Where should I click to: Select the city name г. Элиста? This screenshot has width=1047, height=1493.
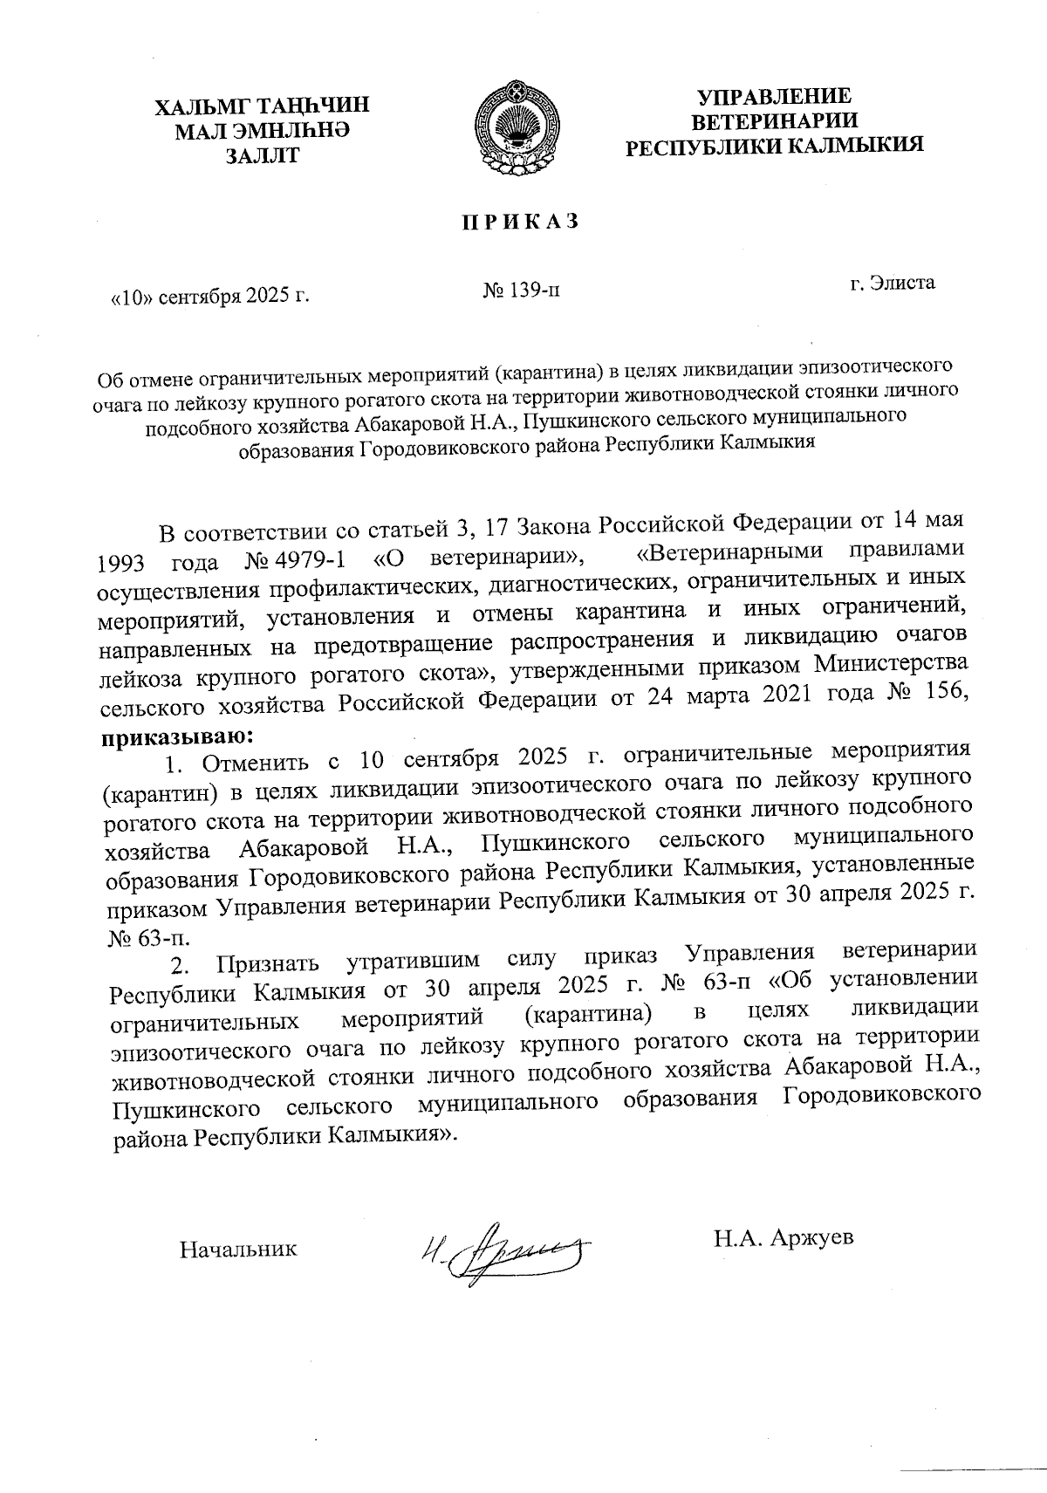tap(893, 282)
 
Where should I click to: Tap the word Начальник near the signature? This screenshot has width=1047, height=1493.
tap(238, 1249)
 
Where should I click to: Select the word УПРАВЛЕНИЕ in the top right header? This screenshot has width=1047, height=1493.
tap(774, 96)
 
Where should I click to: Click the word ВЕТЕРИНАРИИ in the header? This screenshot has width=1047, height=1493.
tap(774, 120)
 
